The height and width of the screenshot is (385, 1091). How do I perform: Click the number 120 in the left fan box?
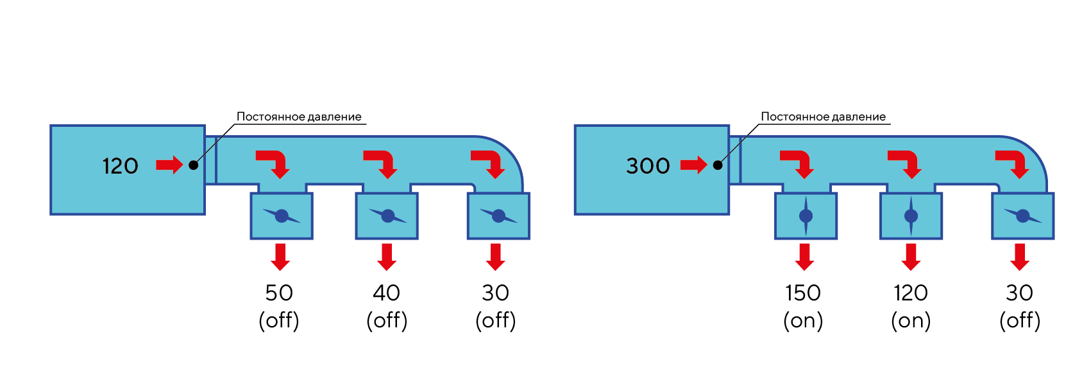(x=120, y=166)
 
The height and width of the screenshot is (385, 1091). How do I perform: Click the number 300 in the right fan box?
(x=648, y=166)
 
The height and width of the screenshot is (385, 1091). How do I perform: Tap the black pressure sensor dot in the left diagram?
(x=194, y=165)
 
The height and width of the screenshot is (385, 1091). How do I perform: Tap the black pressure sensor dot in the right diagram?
(x=718, y=165)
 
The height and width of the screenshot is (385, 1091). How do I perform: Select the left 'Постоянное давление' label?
(x=299, y=117)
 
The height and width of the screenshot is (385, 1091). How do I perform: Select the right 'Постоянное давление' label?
(x=823, y=117)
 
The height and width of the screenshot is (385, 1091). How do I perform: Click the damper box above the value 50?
(x=282, y=217)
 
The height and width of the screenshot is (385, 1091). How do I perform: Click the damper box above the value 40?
(x=387, y=217)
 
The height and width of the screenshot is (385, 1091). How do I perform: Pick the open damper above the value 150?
(x=806, y=217)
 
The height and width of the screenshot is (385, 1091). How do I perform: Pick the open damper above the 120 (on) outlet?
(x=911, y=217)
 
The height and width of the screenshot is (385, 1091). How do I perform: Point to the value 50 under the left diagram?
(x=279, y=293)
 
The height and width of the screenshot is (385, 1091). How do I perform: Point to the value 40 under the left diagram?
(x=387, y=293)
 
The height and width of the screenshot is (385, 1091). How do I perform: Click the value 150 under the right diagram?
(x=803, y=293)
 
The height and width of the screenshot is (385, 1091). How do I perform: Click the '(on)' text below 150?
(x=803, y=320)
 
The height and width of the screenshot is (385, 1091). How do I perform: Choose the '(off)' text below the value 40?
(x=387, y=320)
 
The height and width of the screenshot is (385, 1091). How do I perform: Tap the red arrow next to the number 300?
(x=693, y=165)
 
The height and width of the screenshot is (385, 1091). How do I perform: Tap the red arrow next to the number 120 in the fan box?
(x=169, y=165)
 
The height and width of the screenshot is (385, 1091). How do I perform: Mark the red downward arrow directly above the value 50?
(x=280, y=256)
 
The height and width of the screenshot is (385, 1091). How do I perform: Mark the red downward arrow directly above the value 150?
(x=804, y=256)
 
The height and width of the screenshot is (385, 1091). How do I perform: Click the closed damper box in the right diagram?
(x=1022, y=217)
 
